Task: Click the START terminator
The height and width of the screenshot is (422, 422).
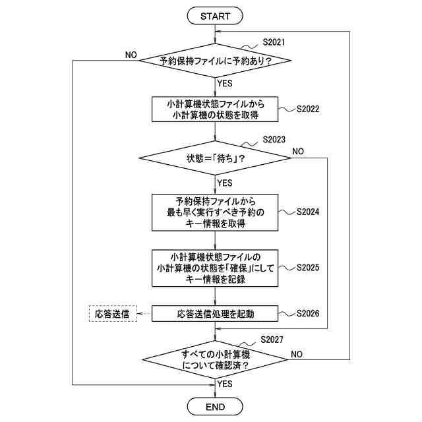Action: (216, 14)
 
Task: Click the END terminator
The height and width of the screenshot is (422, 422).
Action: (216, 406)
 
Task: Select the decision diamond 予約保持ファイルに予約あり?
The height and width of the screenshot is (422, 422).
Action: (216, 61)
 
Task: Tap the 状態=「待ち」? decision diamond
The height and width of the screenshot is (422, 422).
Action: (216, 159)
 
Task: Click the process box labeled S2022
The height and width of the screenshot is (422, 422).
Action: (216, 109)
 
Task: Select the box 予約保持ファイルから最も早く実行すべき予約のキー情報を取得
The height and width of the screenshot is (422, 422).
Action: (216, 212)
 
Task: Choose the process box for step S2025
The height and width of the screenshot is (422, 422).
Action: (216, 268)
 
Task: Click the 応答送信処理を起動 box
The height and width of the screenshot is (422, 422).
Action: (216, 314)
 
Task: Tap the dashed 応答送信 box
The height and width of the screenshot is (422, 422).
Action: (112, 314)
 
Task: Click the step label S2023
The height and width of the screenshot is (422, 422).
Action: (273, 140)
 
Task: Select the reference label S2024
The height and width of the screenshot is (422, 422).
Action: (307, 212)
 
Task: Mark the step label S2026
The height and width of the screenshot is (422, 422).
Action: (307, 313)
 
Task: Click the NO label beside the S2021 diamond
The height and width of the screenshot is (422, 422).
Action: (131, 55)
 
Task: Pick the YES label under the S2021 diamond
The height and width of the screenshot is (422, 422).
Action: (225, 84)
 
